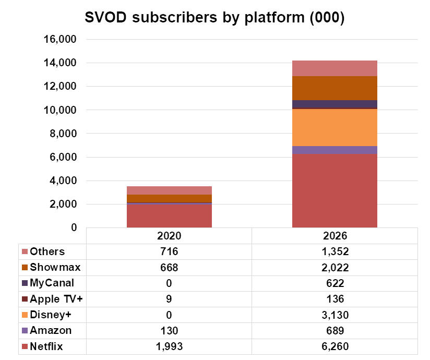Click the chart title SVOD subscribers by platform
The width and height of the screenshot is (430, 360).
point(214,17)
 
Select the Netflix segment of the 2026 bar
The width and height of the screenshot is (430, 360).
point(335,190)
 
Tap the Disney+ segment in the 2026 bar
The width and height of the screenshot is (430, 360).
point(335,127)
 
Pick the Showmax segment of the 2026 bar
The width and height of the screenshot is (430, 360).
point(335,88)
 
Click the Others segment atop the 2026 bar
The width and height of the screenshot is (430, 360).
point(335,68)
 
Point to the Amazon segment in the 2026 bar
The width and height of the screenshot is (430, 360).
point(335,150)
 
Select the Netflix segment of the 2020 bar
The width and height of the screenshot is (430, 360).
point(169,215)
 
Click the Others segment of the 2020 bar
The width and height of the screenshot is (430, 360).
point(169,190)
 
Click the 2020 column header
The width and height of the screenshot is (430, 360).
point(169,235)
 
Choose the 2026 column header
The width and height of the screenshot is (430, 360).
point(335,235)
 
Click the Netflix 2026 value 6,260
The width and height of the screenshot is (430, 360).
point(335,346)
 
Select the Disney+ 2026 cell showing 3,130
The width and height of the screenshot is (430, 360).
point(335,315)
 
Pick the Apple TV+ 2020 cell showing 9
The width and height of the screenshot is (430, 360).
point(169,299)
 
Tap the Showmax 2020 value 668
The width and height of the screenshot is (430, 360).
point(169,267)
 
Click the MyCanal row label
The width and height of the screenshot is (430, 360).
point(52,283)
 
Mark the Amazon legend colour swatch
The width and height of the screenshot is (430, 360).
point(25,331)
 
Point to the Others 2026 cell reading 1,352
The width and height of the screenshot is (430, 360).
point(335,251)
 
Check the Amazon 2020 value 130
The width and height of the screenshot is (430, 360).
point(169,330)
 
